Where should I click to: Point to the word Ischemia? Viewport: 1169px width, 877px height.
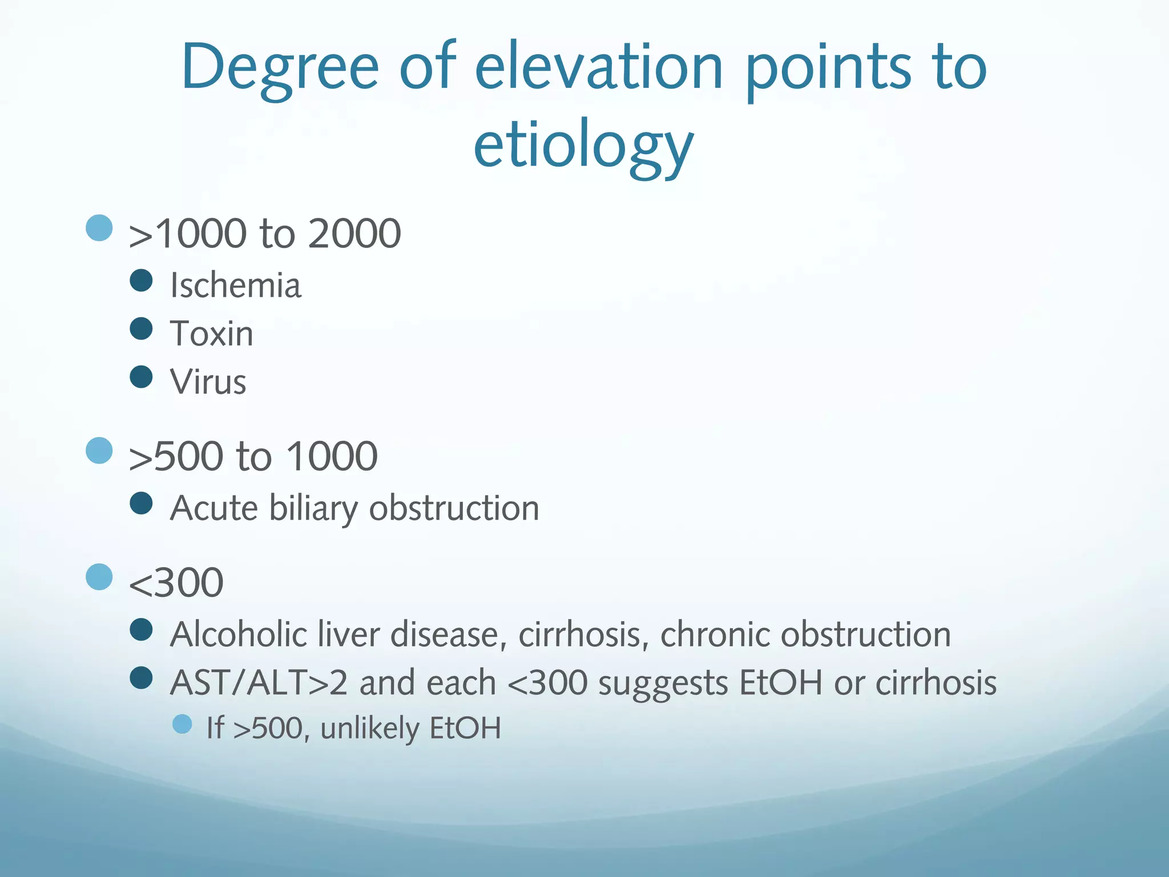point(235,285)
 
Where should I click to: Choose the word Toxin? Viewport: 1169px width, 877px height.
point(211,333)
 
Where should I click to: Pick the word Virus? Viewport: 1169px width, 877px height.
point(208,381)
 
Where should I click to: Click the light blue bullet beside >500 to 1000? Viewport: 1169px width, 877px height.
point(99,450)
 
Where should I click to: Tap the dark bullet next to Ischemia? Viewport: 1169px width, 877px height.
point(141,280)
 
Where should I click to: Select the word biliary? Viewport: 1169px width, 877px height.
point(313,508)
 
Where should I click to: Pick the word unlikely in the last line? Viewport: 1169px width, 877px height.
point(370,729)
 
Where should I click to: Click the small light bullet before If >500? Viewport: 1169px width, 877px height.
point(182,724)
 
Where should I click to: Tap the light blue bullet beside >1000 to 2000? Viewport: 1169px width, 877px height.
point(99,228)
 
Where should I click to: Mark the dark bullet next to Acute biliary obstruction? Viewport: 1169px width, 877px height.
point(141,504)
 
